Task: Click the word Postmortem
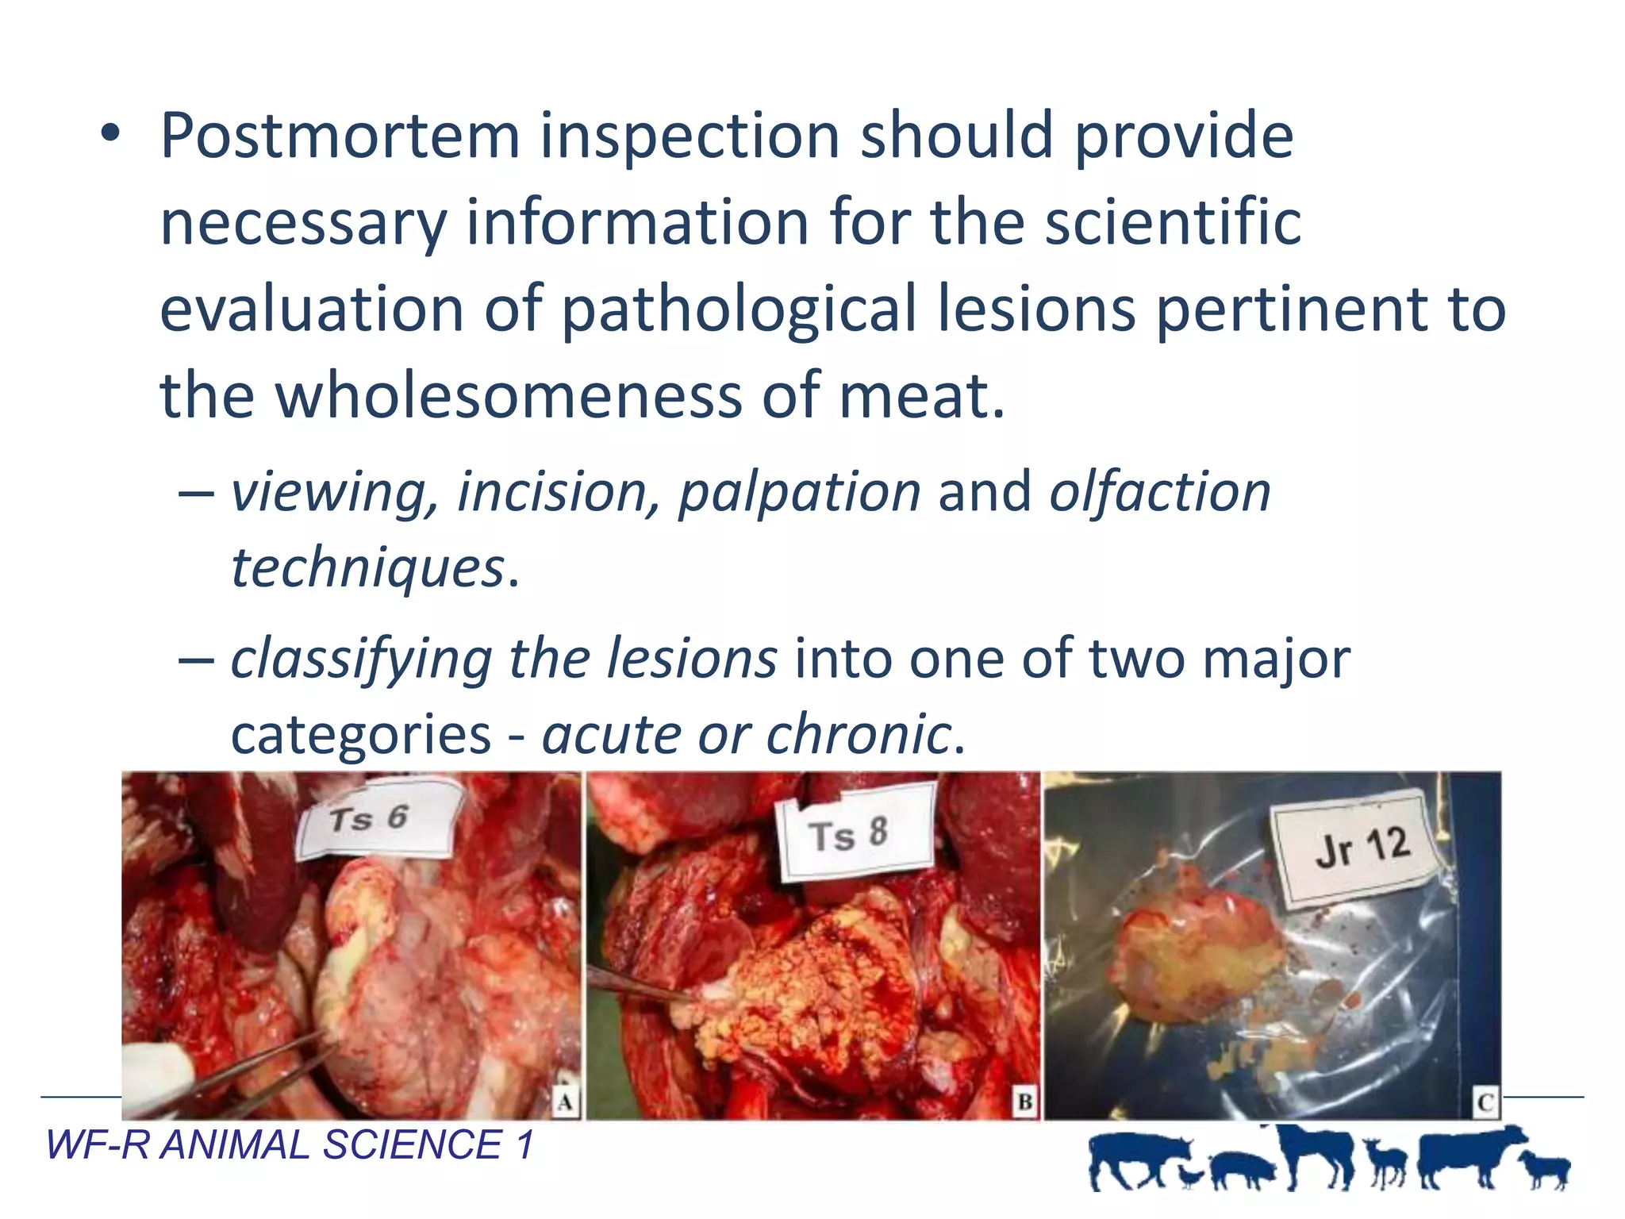340,137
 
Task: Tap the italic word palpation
799,493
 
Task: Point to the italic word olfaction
1160,493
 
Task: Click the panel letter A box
565,1102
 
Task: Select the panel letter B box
1024,1102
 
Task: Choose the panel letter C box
1485,1102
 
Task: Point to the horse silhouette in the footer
1317,1155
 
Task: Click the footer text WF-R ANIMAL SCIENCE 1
290,1145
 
